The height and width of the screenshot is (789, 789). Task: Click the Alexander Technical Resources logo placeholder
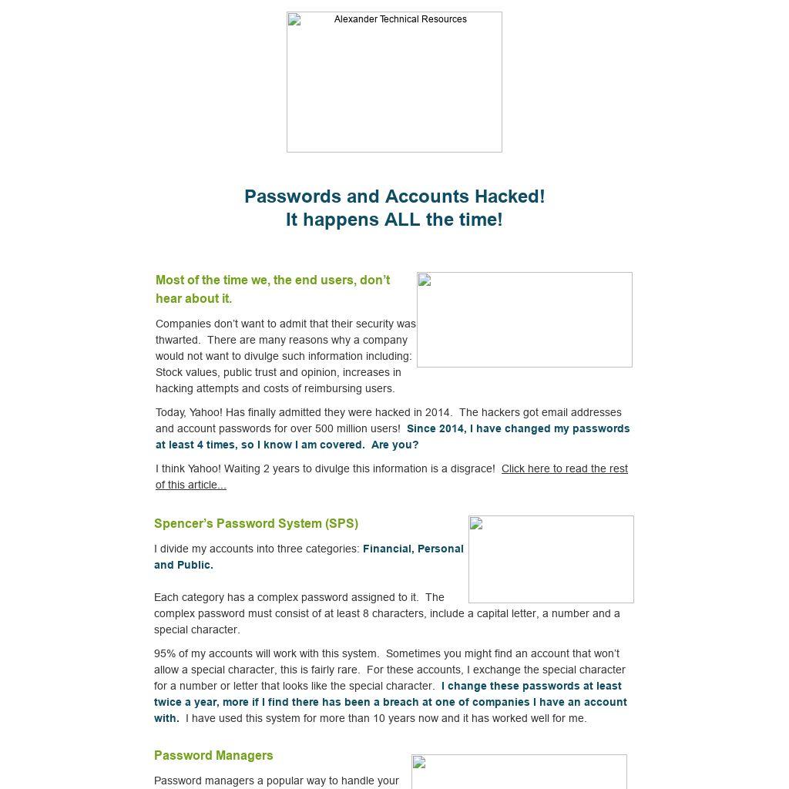394,82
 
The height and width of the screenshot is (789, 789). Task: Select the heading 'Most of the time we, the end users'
273,280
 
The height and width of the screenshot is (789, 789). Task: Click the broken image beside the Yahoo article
524,319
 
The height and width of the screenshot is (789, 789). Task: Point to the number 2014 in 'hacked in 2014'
438,412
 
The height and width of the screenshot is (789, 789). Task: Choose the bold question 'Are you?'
394,445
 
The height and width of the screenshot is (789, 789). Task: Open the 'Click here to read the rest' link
564,468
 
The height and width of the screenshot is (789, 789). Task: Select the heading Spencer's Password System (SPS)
256,523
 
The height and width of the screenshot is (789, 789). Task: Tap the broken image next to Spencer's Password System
550,559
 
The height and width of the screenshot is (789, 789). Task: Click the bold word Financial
388,549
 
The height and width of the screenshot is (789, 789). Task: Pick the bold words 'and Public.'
183,565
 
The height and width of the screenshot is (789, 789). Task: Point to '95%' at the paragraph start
165,653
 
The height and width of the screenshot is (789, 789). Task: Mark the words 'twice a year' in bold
186,702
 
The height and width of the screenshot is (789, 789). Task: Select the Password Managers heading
213,755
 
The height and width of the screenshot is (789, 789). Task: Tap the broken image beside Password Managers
519,772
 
